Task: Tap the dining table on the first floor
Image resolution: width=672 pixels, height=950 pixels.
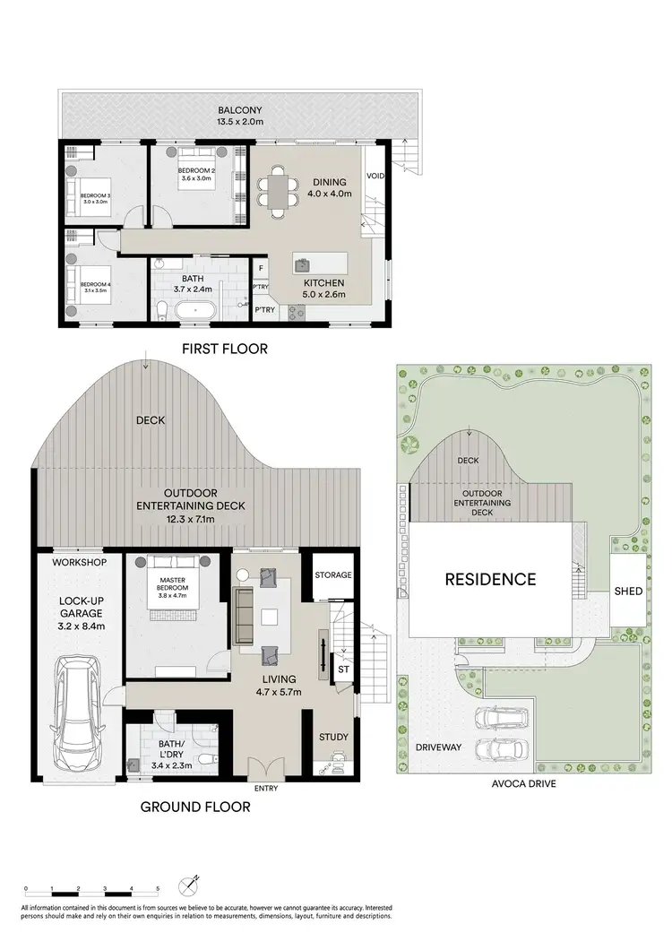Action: pos(279,192)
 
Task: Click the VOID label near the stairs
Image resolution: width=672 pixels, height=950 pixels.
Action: pos(375,176)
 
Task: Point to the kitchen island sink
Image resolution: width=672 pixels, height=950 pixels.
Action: pos(303,264)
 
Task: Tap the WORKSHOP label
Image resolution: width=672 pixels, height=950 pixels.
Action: pos(80,562)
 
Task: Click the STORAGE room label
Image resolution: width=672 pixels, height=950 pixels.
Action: pos(332,574)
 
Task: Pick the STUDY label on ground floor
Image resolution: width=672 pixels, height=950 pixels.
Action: pos(333,738)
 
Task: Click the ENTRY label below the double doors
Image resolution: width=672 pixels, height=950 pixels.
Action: pos(266,789)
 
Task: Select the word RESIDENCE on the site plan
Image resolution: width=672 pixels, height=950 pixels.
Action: pos(490,579)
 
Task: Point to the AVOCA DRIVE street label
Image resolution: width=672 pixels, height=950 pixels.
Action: pos(524,783)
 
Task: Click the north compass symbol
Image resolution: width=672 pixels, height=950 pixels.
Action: pos(189,885)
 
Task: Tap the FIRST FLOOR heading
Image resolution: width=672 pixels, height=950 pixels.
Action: pos(223,349)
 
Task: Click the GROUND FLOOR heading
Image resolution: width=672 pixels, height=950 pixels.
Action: pos(195,807)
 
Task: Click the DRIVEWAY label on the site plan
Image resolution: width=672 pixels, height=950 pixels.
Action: pos(438,746)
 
